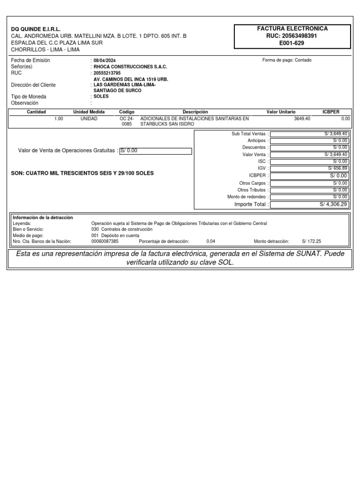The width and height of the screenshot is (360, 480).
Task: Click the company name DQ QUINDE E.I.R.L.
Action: (x=36, y=29)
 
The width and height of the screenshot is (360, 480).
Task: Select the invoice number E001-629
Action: (x=292, y=43)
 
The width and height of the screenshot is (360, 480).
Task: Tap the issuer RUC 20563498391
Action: (x=292, y=36)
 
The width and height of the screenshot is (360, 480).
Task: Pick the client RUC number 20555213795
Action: (x=107, y=73)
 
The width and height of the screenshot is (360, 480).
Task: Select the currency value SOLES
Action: (x=101, y=97)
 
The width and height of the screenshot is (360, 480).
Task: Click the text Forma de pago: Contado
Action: (x=287, y=60)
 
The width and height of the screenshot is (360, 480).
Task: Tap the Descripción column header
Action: (x=195, y=112)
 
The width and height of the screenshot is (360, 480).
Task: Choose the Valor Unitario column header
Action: (x=281, y=112)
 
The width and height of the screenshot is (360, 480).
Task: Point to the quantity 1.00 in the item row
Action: (x=59, y=119)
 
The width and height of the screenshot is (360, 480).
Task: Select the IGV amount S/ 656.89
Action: (x=337, y=168)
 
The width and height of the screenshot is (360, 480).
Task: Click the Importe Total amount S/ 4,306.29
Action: (x=333, y=204)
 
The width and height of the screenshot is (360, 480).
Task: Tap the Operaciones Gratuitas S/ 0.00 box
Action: (x=156, y=151)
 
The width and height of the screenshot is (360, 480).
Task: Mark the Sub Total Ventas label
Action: (x=248, y=134)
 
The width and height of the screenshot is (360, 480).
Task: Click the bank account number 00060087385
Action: (x=105, y=241)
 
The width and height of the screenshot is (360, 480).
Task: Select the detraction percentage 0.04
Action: (x=211, y=241)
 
